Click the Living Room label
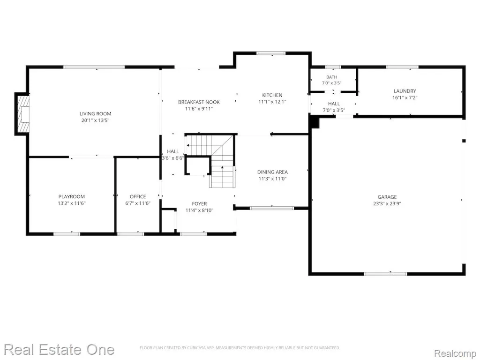tap(95, 113)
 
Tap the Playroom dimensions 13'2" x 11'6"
tap(72, 203)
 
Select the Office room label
tap(138, 196)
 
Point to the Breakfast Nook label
tap(199, 102)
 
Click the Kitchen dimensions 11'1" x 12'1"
tap(272, 102)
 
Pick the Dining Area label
tap(272, 172)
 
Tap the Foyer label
tap(199, 203)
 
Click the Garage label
tap(387, 197)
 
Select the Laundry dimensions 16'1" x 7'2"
tap(405, 97)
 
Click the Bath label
tap(331, 77)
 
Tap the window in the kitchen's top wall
tap(271, 53)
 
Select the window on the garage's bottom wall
tap(386, 274)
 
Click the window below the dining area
tap(272, 208)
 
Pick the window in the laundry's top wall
tap(402, 67)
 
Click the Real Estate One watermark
tap(59, 350)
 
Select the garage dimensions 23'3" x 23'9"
tap(387, 203)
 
